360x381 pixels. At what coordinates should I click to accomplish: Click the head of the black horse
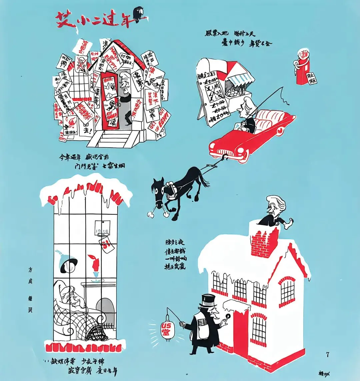coord(159,190)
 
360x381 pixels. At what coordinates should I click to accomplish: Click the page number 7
coord(327,354)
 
